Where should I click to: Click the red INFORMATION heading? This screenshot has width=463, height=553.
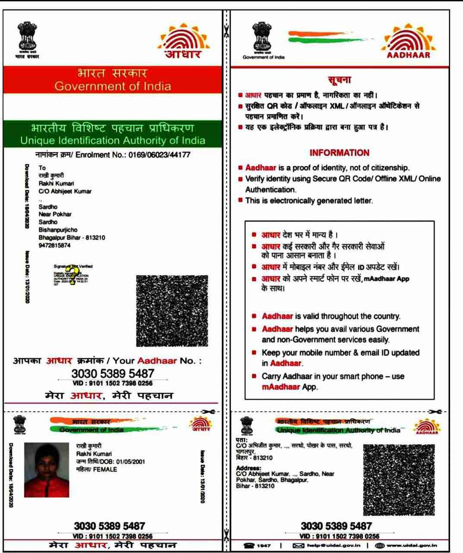339,153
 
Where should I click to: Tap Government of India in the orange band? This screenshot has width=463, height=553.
113,86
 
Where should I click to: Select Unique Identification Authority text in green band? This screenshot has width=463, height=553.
113,140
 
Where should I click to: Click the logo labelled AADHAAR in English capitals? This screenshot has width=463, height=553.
408,44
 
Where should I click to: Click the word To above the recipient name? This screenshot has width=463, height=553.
42,169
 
